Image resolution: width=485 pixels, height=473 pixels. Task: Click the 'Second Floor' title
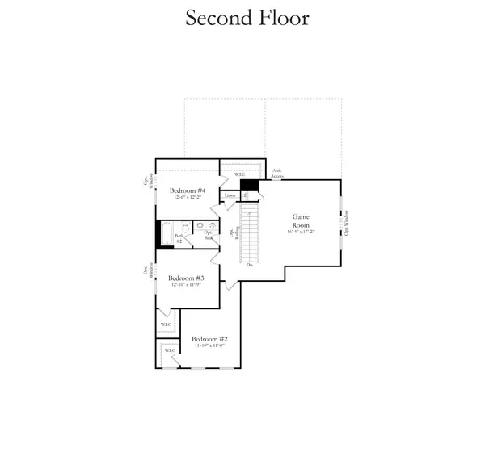pos(247,18)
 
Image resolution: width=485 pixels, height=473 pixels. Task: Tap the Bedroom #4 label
pos(188,190)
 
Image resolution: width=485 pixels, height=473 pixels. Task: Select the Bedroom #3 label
pos(186,278)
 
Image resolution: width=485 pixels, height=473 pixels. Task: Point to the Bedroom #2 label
pos(210,339)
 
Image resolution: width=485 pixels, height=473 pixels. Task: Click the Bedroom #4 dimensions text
pos(188,198)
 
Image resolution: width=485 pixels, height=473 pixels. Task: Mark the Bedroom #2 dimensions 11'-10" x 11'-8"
pos(210,346)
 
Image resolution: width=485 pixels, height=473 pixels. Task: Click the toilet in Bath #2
pos(184,230)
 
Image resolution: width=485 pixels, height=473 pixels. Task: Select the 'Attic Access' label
pos(276,173)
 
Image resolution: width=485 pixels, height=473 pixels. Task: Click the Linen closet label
pos(230,195)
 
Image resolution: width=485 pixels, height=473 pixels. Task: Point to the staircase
pos(251,230)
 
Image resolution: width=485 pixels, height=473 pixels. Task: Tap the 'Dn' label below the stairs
pos(250,264)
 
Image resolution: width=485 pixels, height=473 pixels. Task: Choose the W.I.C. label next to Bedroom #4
pos(240,174)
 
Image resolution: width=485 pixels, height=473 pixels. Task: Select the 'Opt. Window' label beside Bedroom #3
pos(147,271)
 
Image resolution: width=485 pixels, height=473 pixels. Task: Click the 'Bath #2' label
pos(179,239)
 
